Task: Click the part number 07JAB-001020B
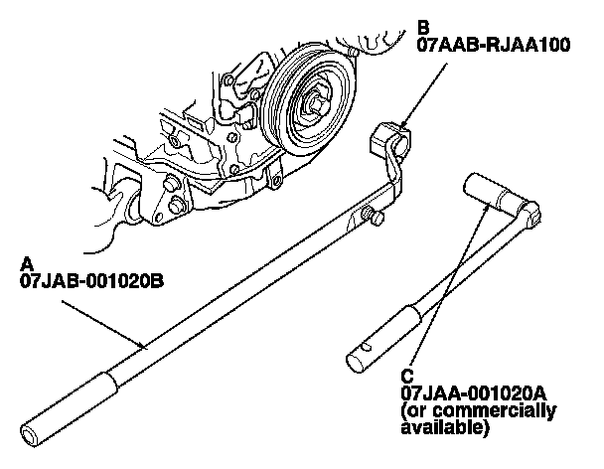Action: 90,281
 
